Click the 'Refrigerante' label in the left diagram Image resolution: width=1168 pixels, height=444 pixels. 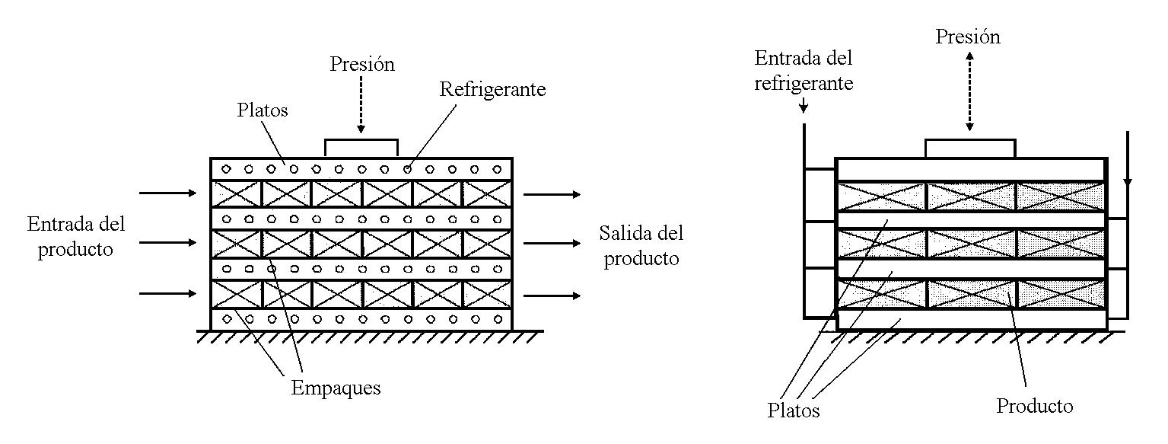(x=492, y=89)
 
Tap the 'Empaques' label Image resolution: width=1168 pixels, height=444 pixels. (x=336, y=388)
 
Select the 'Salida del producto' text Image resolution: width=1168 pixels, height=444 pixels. (x=640, y=245)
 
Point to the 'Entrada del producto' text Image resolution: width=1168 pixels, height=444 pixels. (x=76, y=236)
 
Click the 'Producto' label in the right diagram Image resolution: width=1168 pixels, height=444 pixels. (x=1035, y=406)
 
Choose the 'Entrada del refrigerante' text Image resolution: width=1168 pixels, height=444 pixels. (x=804, y=70)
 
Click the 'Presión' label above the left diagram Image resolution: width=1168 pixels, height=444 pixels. (x=362, y=64)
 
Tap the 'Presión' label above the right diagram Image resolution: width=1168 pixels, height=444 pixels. (x=968, y=37)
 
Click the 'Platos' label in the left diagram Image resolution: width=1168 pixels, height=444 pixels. (x=262, y=110)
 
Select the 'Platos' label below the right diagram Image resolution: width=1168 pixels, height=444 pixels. (x=794, y=410)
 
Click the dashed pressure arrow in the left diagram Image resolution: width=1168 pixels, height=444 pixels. (x=362, y=107)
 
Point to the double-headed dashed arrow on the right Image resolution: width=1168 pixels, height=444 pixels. (x=969, y=91)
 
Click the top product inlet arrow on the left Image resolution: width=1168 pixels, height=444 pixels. (x=167, y=193)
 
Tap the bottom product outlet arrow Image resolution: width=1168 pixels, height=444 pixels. (x=552, y=295)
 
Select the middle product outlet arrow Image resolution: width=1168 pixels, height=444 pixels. (x=552, y=244)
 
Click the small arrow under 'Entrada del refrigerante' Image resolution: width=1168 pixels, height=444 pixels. (x=804, y=108)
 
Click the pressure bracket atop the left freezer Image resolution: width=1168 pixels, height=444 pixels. (x=361, y=147)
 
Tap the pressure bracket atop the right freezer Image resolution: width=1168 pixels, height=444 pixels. (x=970, y=148)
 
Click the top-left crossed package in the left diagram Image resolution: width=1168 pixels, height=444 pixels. (x=236, y=193)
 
